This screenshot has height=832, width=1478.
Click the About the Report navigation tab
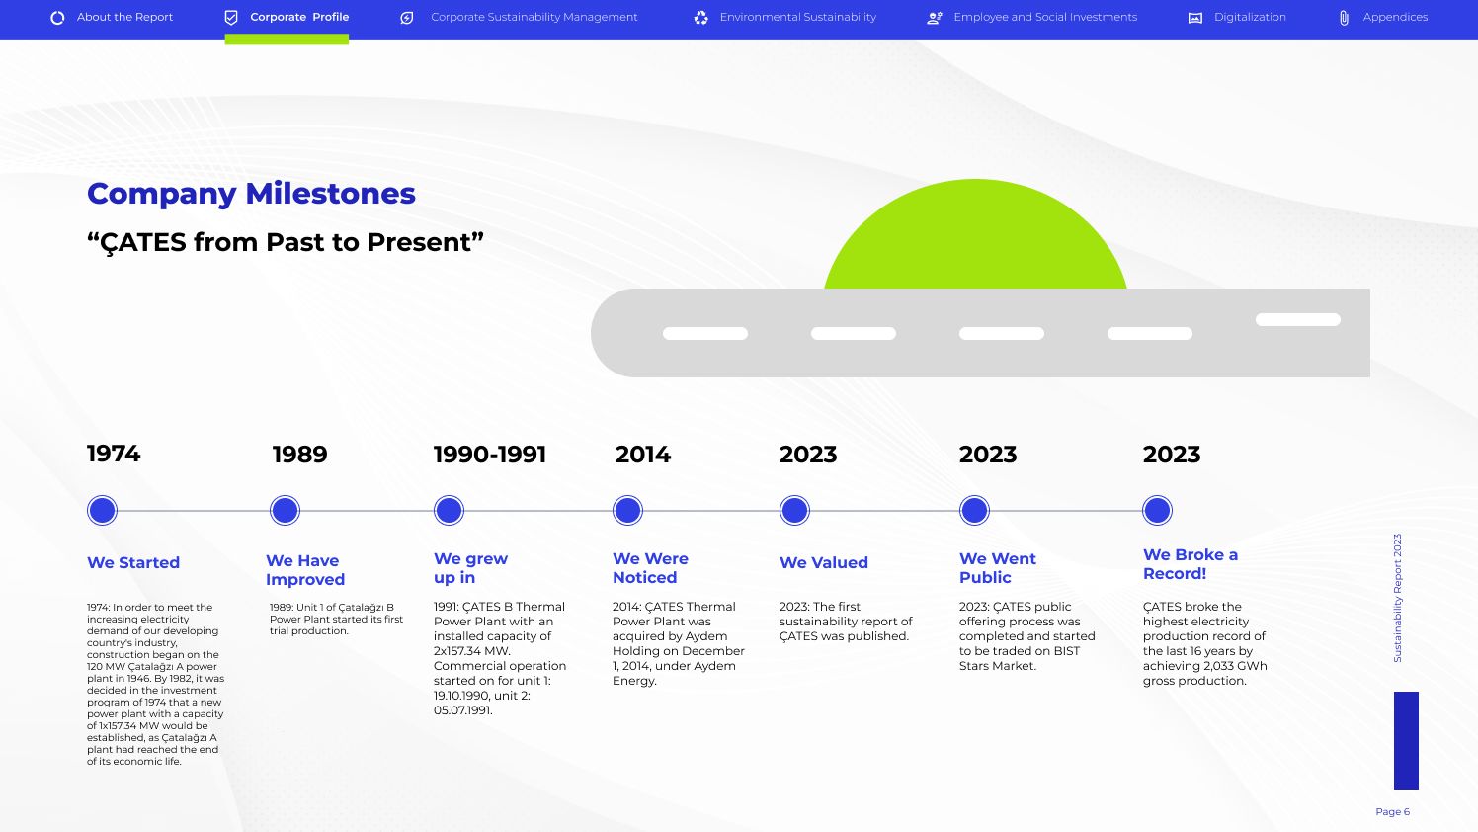pos(113,17)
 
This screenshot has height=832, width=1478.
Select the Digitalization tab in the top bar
pos(1237,17)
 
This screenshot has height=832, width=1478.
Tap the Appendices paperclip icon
pos(1344,18)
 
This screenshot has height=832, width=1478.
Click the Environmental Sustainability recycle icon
pos(700,18)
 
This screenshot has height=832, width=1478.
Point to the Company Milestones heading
pos(251,194)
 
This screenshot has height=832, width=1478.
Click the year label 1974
pos(114,454)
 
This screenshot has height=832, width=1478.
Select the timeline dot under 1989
pos(286,511)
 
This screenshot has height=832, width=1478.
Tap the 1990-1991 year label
pos(490,455)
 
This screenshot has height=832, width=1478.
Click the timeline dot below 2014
pos(627,511)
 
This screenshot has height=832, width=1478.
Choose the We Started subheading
pos(133,563)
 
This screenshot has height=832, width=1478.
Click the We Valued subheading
pos(823,563)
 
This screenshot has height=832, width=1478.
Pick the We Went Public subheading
pos(998,568)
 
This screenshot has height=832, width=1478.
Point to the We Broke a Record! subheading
pos(1191,564)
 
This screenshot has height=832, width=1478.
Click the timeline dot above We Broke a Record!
pos(1157,511)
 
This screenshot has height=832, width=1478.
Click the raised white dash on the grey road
pos(1298,320)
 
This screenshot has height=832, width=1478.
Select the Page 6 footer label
pos(1392,811)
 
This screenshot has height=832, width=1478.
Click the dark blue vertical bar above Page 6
pos(1406,740)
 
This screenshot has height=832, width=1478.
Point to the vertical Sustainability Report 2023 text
pos(1398,598)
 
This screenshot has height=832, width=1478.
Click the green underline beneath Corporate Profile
pos(287,40)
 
